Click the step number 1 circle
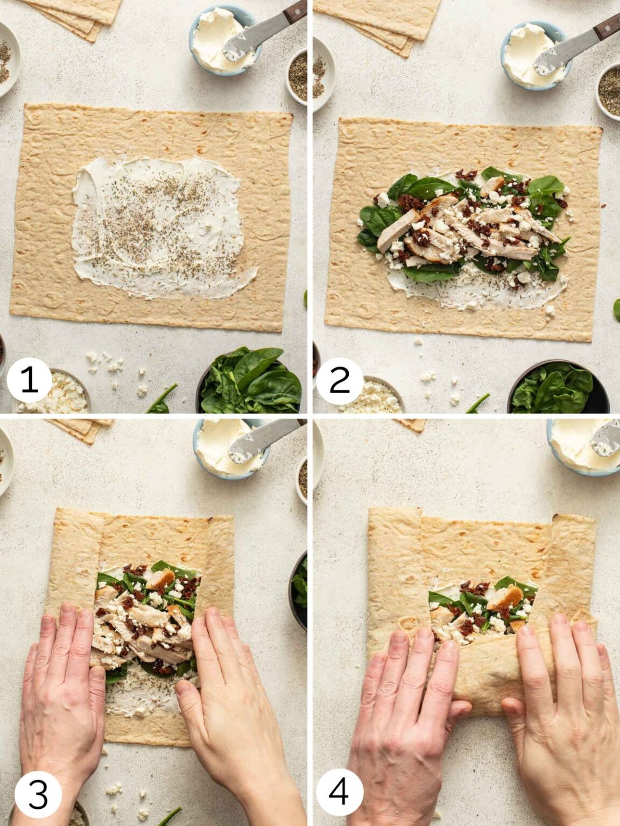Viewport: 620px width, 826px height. (x=29, y=380)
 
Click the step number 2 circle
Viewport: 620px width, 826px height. (x=339, y=380)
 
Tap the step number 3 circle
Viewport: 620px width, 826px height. (x=38, y=794)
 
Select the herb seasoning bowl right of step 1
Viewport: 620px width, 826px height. (x=299, y=81)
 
